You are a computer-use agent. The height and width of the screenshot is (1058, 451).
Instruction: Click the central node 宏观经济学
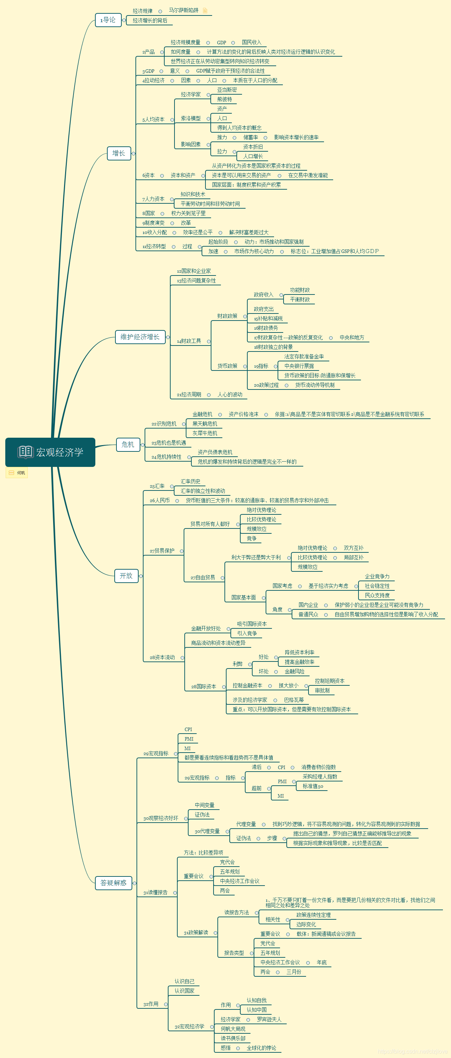50,452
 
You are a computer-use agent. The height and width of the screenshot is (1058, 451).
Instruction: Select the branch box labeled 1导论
108,20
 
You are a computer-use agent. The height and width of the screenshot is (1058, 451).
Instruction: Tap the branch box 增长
119,153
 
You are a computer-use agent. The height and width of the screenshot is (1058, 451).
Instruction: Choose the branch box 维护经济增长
140,337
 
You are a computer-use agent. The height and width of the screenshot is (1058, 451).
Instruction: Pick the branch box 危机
128,444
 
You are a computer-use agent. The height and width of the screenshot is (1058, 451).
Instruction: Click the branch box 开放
126,576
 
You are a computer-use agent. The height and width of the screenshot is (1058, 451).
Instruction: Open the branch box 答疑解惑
113,883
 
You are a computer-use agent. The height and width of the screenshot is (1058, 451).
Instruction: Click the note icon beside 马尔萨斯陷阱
205,10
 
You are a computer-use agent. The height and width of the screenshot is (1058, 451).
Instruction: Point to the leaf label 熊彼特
225,99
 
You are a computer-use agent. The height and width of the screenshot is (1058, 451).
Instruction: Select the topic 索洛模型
191,118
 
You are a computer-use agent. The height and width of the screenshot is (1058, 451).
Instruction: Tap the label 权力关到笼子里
188,213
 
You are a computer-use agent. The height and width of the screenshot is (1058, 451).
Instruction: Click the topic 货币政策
227,366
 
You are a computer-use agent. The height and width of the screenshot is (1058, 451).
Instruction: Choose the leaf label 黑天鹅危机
204,424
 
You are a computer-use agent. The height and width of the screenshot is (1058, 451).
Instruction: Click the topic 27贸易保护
162,551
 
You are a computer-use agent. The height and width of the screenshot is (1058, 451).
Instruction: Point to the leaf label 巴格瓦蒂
294,700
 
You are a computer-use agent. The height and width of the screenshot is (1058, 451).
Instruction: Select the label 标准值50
313,786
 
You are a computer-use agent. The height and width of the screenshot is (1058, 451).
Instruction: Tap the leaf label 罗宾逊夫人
269,1019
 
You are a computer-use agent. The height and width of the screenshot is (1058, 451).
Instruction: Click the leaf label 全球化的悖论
261,1048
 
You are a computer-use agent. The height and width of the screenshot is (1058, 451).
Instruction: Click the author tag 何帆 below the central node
17,473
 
